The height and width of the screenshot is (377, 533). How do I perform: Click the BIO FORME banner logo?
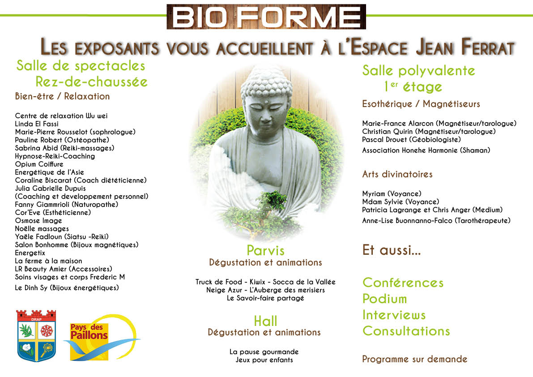[x=266, y=17]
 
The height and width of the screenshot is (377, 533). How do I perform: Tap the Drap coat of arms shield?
[x=36, y=335]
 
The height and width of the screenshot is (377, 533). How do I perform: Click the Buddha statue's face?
[x=266, y=109]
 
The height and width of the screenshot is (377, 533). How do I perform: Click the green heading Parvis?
[x=265, y=251]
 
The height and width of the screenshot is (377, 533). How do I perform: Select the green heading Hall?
[x=265, y=321]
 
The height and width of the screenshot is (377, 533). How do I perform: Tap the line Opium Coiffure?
[x=39, y=164]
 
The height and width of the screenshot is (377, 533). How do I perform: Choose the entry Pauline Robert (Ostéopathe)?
[x=62, y=140]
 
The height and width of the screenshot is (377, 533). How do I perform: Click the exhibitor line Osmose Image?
[x=38, y=221]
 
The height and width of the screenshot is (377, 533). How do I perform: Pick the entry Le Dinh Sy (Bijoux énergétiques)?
[x=67, y=288]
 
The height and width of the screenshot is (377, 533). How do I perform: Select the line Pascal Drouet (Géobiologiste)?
[x=411, y=140]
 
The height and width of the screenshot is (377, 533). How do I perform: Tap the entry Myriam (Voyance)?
[x=392, y=194]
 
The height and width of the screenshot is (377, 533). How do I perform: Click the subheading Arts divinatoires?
[x=397, y=174]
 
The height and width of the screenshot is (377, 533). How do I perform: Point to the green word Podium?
[x=384, y=299]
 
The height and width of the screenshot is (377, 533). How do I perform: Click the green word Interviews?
[x=394, y=315]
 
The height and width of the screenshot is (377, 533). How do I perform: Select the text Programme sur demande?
[x=415, y=360]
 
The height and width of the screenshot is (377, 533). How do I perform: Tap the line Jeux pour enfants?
[x=264, y=360]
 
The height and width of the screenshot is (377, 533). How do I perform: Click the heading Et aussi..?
[x=392, y=250]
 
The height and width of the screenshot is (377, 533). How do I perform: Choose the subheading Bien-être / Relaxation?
[x=62, y=97]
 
